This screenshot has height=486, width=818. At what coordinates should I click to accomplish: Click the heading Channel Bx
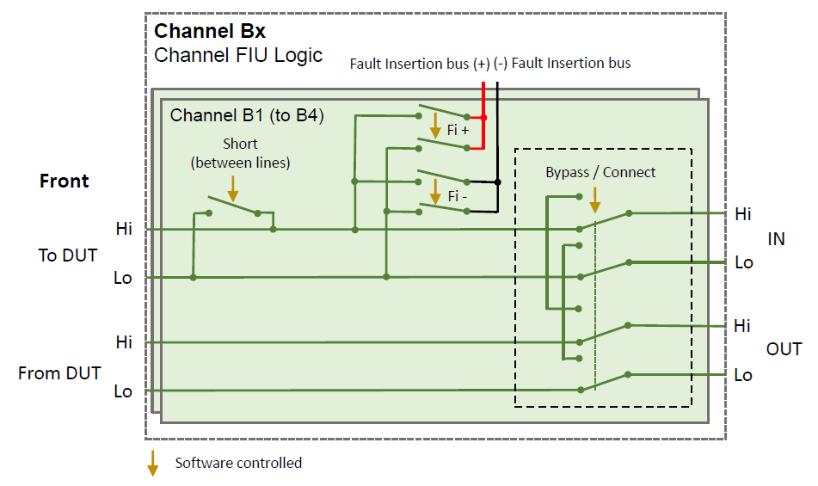pyautogui.click(x=210, y=32)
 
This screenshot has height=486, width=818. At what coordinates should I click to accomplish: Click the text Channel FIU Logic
pyautogui.click(x=238, y=56)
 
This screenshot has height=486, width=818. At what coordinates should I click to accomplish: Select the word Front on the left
pyautogui.click(x=64, y=181)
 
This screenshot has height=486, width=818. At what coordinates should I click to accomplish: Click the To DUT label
pyautogui.click(x=67, y=255)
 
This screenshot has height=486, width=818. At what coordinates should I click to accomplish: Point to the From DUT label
pyautogui.click(x=59, y=373)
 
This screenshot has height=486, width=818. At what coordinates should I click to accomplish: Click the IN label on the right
pyautogui.click(x=776, y=239)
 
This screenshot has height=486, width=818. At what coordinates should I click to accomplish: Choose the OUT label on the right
pyautogui.click(x=784, y=349)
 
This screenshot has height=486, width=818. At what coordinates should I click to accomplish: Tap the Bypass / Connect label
pyautogui.click(x=600, y=172)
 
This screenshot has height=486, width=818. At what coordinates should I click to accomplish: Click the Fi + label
pyautogui.click(x=458, y=131)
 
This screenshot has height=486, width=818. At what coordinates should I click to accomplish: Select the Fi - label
pyautogui.click(x=458, y=196)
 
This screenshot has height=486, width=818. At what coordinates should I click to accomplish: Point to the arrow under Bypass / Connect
pyautogui.click(x=594, y=200)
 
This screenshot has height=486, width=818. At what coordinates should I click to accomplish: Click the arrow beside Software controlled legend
pyautogui.click(x=152, y=462)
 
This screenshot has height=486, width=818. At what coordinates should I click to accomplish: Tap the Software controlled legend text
pyautogui.click(x=238, y=463)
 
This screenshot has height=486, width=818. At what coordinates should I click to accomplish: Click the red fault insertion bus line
pyautogui.click(x=483, y=120)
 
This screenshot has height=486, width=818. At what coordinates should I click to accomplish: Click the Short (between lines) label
pyautogui.click(x=240, y=153)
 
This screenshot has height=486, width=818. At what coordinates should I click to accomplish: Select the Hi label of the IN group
pyautogui.click(x=741, y=213)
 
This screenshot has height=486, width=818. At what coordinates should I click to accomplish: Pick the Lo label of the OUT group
pyautogui.click(x=742, y=375)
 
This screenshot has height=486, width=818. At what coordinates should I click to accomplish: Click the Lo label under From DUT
pyautogui.click(x=124, y=391)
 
